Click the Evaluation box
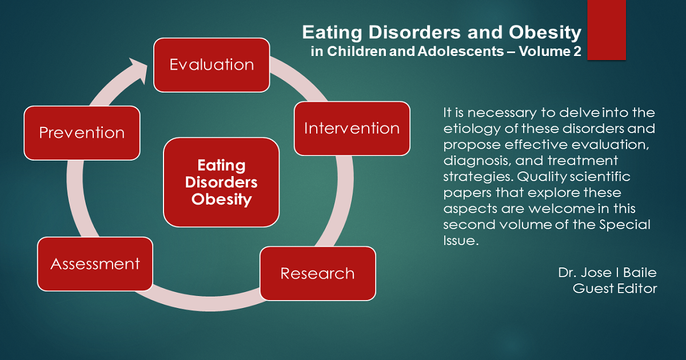click(x=212, y=65)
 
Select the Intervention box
click(x=352, y=129)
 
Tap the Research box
click(x=318, y=273)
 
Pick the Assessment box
click(x=95, y=264)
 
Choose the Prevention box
click(x=82, y=133)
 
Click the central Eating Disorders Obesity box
click(x=221, y=182)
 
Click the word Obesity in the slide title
click(x=545, y=33)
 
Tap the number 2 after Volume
click(x=577, y=51)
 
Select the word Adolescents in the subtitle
click(x=460, y=51)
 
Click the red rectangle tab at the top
click(x=607, y=30)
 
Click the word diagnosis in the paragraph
click(x=477, y=161)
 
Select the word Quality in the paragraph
click(x=542, y=177)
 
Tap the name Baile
click(x=640, y=273)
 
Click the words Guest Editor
click(x=615, y=289)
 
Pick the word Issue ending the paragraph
click(x=461, y=241)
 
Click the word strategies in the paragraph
click(x=478, y=177)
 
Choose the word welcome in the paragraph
click(x=561, y=209)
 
